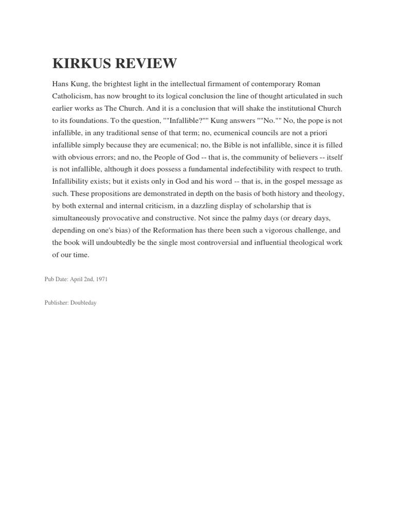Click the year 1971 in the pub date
(101, 279)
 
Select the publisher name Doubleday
(83, 303)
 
